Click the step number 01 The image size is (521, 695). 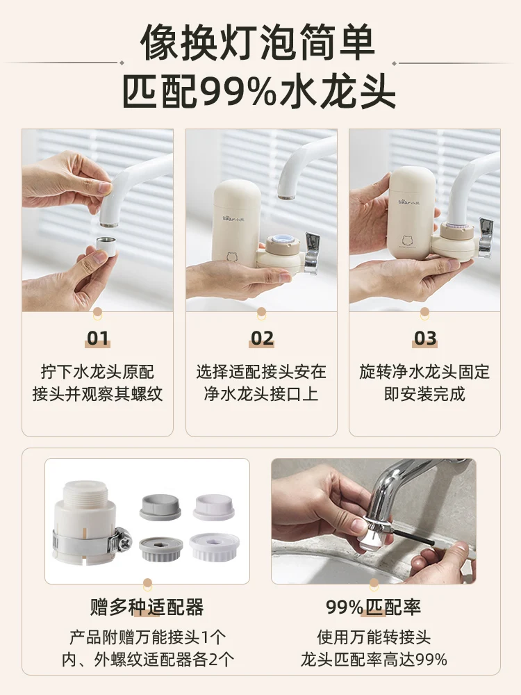97,338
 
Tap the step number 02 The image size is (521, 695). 262,338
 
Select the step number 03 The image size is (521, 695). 425,338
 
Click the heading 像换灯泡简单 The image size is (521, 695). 258,43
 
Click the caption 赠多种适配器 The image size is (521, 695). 147,607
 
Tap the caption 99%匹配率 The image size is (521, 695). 374,607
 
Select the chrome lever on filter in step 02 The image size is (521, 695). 312,254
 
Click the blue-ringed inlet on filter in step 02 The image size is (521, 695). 282,240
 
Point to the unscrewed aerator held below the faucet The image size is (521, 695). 107,246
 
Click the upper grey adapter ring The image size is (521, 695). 160,507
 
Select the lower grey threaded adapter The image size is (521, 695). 161,548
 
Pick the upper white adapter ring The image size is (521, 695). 213,507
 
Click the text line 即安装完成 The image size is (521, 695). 424,394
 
